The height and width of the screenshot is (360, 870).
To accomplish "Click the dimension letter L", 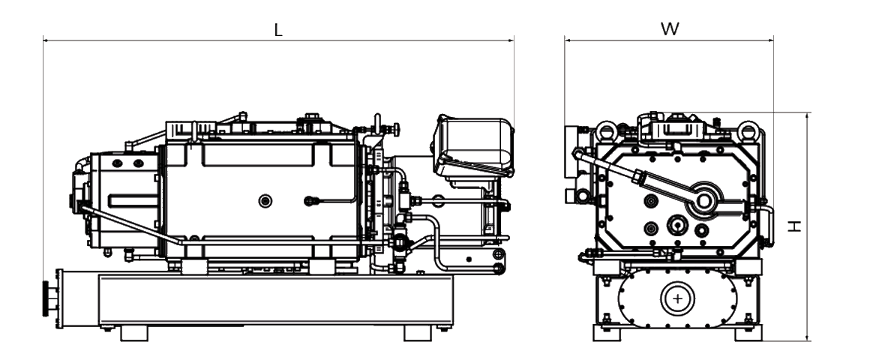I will click(278, 30).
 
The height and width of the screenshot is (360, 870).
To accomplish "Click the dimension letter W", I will click(670, 29).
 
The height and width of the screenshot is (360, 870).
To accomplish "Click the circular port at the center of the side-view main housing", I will click(265, 200).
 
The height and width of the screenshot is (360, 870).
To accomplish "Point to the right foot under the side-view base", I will click(418, 332).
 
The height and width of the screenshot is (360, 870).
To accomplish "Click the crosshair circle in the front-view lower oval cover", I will click(678, 298).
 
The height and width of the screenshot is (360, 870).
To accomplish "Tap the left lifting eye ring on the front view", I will click(606, 132).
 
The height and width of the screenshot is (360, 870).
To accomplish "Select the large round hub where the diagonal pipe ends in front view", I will click(704, 200).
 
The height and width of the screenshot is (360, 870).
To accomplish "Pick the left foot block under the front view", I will click(607, 332).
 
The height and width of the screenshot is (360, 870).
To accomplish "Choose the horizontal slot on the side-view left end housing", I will click(132, 200).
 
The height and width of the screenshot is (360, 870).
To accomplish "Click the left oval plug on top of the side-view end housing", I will click(118, 163).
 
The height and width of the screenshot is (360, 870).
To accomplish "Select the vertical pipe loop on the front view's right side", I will click(766, 225).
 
